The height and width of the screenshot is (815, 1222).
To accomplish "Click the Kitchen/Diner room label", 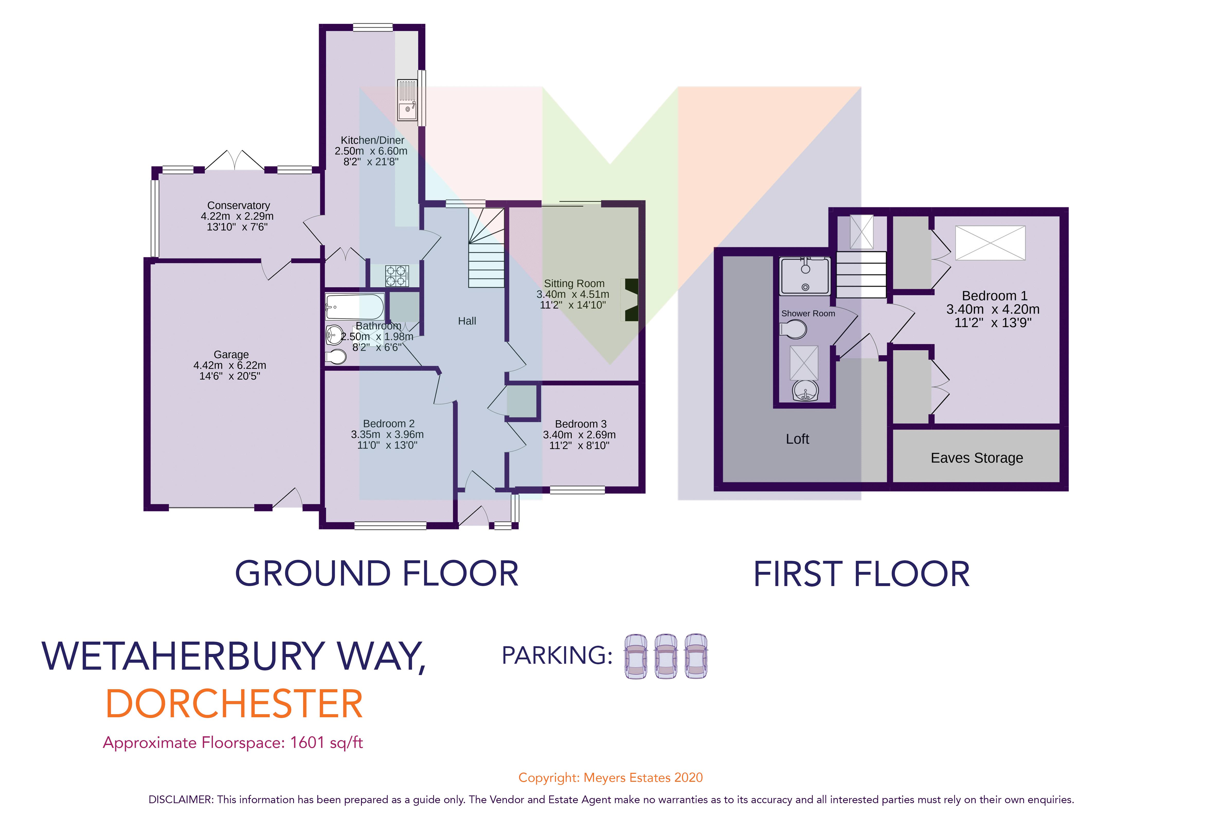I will [x=372, y=140].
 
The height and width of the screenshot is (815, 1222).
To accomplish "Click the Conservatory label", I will [x=238, y=205].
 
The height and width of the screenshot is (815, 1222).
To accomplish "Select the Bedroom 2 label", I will [x=389, y=424].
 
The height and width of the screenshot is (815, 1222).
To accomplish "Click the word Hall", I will [x=466, y=321].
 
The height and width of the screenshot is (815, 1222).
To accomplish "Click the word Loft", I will [x=797, y=439].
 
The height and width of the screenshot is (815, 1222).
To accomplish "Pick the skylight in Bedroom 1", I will [x=990, y=243].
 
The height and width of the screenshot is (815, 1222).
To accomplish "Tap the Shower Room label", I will [x=808, y=313].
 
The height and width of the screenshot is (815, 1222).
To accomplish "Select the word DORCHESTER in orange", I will [x=234, y=704].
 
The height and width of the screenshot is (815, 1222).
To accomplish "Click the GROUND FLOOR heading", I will [x=377, y=574].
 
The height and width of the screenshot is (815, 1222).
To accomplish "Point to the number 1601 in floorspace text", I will [x=307, y=743].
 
